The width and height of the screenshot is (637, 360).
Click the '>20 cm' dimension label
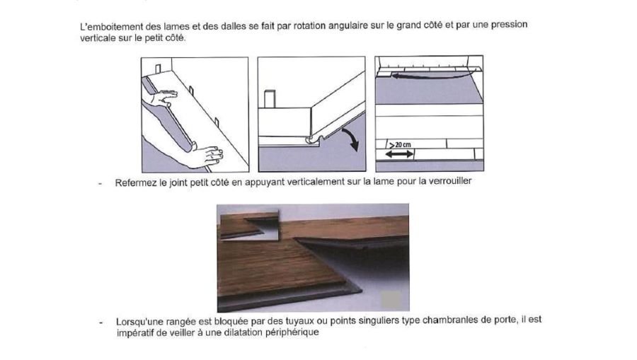(400, 144)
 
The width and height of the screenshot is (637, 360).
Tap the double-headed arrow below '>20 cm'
(399, 154)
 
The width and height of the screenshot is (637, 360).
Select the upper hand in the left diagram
(163, 98)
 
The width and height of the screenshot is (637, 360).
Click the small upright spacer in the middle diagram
(270, 98)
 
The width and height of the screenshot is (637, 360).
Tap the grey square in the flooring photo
(391, 299)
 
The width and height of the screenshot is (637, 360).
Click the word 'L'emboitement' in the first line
(107, 27)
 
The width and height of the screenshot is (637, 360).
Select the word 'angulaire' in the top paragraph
(348, 26)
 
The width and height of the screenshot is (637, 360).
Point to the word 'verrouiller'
(451, 181)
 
